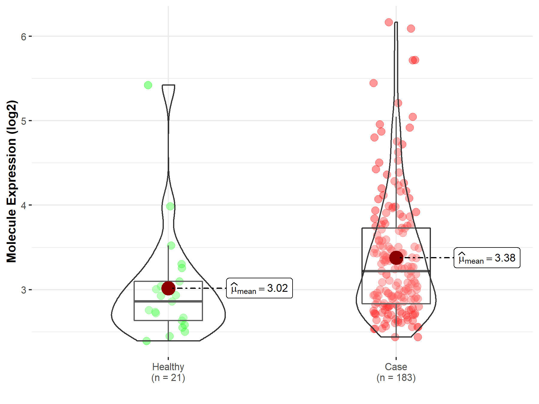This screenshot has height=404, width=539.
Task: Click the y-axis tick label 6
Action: coord(23,37)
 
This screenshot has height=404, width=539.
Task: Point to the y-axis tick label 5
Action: coord(23,121)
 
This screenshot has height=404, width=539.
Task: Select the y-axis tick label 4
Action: coord(23,205)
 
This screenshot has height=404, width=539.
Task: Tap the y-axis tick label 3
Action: coord(23,290)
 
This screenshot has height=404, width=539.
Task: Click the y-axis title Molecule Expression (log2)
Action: coord(11,181)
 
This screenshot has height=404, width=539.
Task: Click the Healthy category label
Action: coord(168,367)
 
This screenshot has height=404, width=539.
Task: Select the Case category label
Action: coord(396,367)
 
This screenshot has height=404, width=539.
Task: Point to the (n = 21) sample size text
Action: coord(168,378)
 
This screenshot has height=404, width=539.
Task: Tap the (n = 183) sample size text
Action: coord(396,378)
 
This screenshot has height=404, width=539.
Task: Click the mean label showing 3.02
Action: coord(259,288)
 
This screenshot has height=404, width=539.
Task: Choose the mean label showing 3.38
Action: coord(487,258)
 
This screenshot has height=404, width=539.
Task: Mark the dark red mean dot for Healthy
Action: coord(168,288)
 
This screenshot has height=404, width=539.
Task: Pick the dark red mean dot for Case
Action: coord(396,258)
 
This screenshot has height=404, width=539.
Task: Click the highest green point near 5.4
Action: coord(148,85)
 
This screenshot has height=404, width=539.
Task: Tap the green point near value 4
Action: coord(170,206)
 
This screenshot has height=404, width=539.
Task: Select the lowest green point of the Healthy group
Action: coord(146,341)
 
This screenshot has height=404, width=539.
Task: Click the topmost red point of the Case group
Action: coord(389,22)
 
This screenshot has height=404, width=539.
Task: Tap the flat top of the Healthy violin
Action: coord(168,85)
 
